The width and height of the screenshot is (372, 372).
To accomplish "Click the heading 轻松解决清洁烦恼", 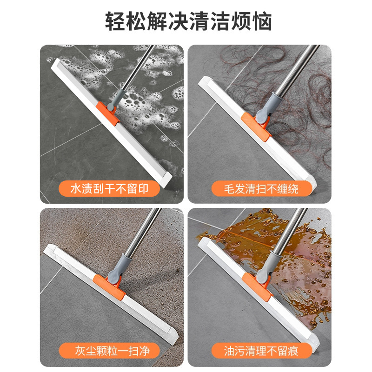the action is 188,21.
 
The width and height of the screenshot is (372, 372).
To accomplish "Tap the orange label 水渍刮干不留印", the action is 109,189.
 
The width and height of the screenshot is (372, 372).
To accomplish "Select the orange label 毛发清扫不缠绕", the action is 261,189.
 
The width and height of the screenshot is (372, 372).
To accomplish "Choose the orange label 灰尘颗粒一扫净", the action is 109,351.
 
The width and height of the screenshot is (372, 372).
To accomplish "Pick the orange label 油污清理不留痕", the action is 261,351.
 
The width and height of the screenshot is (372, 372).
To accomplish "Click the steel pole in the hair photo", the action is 297,70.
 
